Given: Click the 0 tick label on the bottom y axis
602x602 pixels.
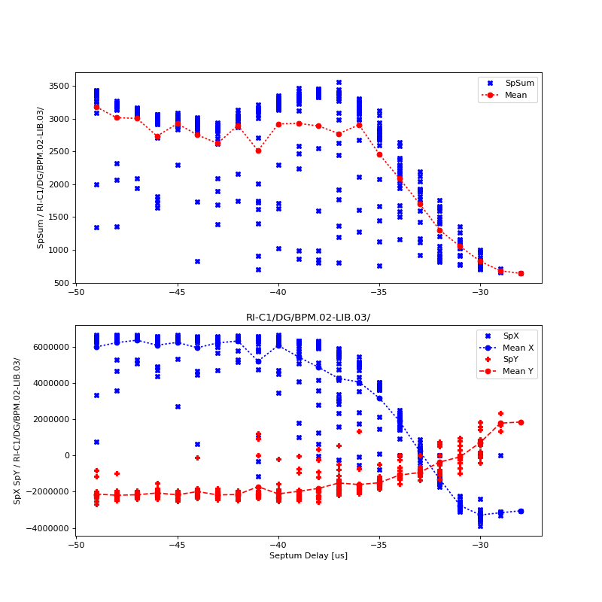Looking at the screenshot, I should (68, 455).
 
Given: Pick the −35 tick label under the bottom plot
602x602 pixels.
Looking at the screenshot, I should (379, 545).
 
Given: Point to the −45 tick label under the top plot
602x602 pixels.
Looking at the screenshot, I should (177, 292).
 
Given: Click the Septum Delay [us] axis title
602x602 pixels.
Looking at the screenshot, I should (309, 556).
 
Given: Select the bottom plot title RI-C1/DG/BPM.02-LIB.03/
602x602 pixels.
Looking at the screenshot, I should (309, 318).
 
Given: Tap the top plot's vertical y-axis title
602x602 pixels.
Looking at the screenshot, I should (41, 178).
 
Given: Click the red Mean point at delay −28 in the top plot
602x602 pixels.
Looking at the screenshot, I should (521, 273).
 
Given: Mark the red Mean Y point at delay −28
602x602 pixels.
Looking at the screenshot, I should (521, 422).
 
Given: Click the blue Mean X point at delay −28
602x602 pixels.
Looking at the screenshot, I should (521, 511).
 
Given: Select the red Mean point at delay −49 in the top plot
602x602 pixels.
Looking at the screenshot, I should (96, 107).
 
